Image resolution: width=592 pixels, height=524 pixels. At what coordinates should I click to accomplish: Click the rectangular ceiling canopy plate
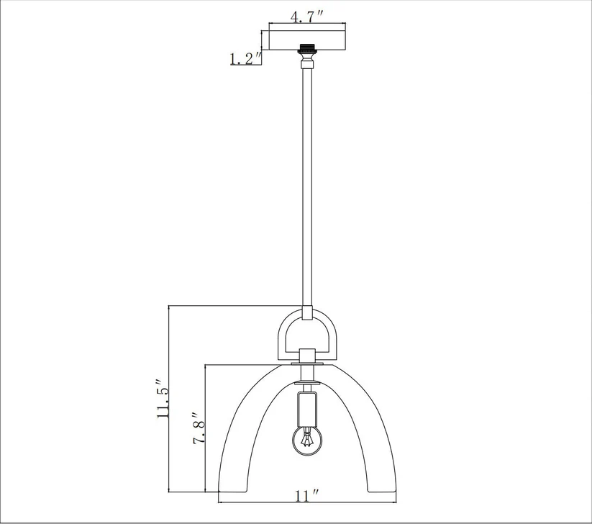point(307,38)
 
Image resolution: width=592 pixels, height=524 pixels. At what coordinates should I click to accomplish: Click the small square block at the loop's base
point(307,355)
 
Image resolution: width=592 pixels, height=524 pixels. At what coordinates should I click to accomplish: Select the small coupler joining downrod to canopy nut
point(307,64)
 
